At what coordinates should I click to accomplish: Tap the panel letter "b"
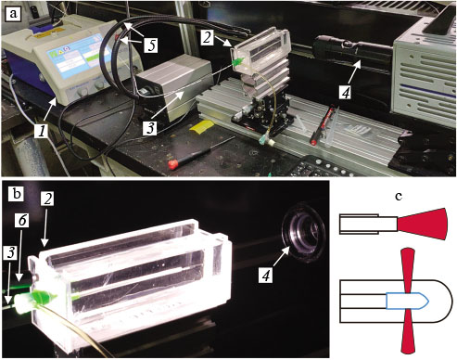(x=16, y=194)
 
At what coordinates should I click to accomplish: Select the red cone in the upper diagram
(x=427, y=224)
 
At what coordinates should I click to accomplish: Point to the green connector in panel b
(x=40, y=298)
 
